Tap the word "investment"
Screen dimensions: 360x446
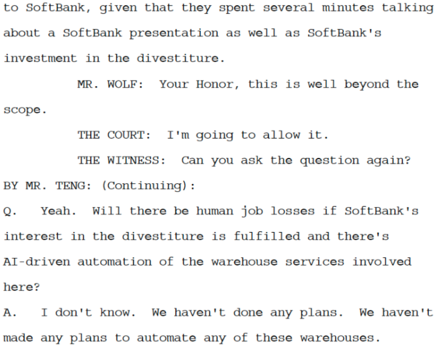point(37,58)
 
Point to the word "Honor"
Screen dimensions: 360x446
point(214,84)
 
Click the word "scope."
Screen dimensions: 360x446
point(25,110)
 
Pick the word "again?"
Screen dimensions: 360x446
point(388,160)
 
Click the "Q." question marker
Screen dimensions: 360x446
point(9,211)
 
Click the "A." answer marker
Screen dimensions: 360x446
point(9,312)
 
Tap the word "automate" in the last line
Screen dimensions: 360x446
point(167,338)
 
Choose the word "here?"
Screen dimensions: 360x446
point(22,287)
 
